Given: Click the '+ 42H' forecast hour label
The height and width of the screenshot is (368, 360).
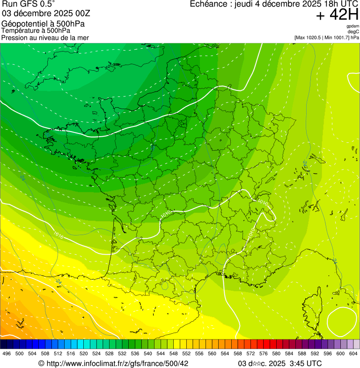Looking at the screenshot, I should [337, 15].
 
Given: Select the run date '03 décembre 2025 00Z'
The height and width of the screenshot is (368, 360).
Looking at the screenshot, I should [46, 13].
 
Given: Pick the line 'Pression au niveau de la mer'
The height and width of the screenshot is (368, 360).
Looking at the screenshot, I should [45, 37].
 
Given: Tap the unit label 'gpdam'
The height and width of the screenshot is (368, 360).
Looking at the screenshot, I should [353, 27].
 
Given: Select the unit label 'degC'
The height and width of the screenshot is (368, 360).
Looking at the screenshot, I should [353, 32].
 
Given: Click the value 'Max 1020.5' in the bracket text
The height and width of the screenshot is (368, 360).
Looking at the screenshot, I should [309, 37].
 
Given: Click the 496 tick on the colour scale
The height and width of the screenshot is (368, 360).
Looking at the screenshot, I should [7, 353].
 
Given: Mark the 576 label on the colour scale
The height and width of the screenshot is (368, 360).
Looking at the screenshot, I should [264, 353].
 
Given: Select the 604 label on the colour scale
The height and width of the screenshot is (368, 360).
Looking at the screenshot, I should [353, 353].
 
